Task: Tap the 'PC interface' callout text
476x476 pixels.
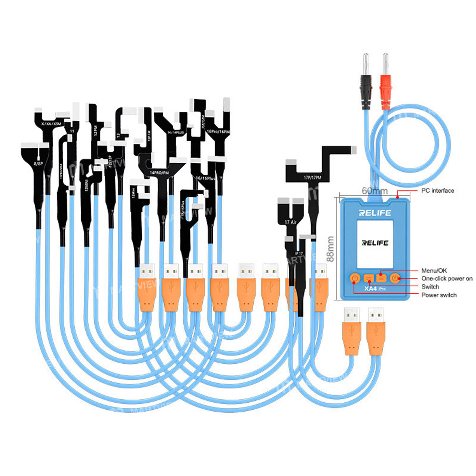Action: point(437,191)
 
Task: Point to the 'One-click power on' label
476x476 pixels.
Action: point(447,278)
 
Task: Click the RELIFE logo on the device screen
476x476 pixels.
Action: point(375,243)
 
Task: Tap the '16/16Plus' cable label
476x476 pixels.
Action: point(206,179)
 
